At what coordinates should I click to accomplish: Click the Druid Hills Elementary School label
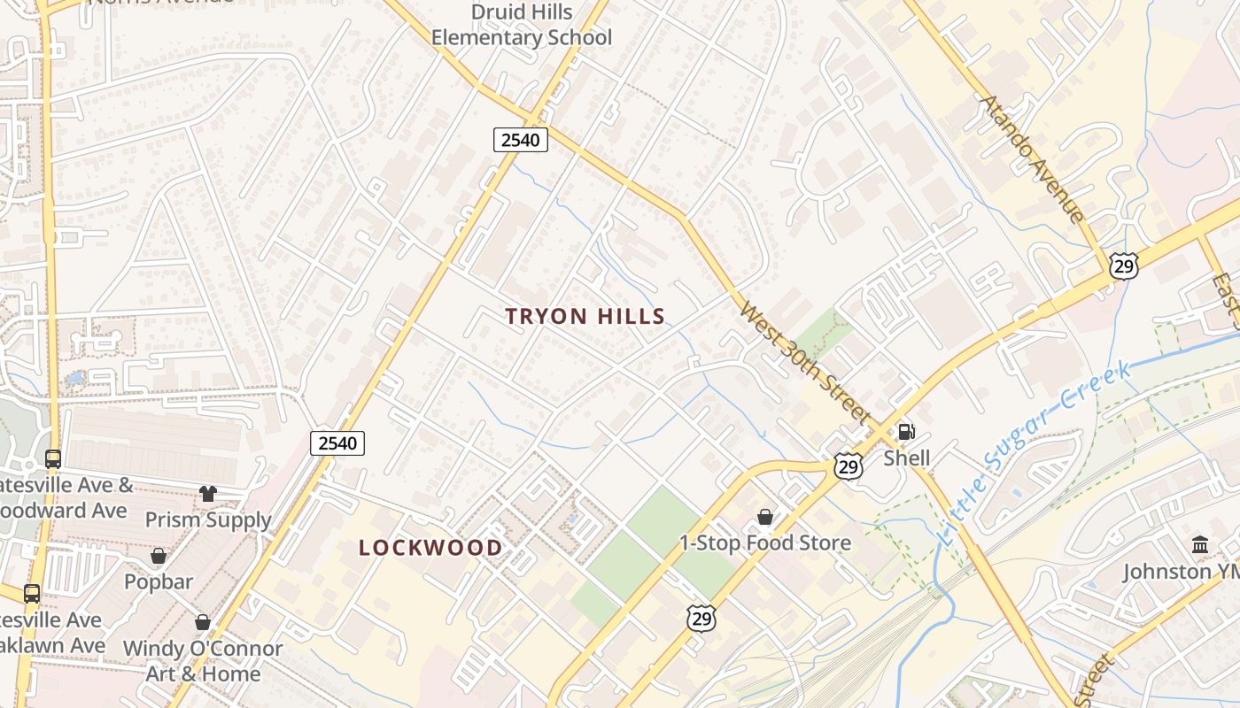(x=521, y=25)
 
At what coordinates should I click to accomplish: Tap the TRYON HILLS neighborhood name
(x=585, y=316)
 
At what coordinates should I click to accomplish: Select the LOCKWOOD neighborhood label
(x=430, y=548)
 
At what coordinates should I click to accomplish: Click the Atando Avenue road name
(x=1031, y=158)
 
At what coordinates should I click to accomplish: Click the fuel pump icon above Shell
(x=906, y=432)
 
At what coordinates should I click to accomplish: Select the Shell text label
(x=906, y=458)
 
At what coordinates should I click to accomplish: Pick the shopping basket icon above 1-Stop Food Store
(x=764, y=517)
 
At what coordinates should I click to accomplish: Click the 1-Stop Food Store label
(x=764, y=543)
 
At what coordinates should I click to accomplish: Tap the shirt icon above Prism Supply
(x=208, y=494)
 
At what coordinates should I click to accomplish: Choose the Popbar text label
(x=159, y=581)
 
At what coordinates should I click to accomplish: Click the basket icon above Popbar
(x=159, y=556)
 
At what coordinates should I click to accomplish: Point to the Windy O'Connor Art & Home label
(x=203, y=661)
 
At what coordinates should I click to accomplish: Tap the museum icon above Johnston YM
(x=1200, y=545)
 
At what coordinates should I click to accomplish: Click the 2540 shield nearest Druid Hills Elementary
(x=521, y=139)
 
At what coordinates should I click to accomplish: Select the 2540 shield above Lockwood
(x=337, y=442)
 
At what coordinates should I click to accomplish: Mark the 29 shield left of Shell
(x=849, y=467)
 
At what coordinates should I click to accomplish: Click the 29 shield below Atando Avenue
(x=1123, y=265)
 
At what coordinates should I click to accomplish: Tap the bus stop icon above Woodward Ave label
(x=53, y=459)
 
